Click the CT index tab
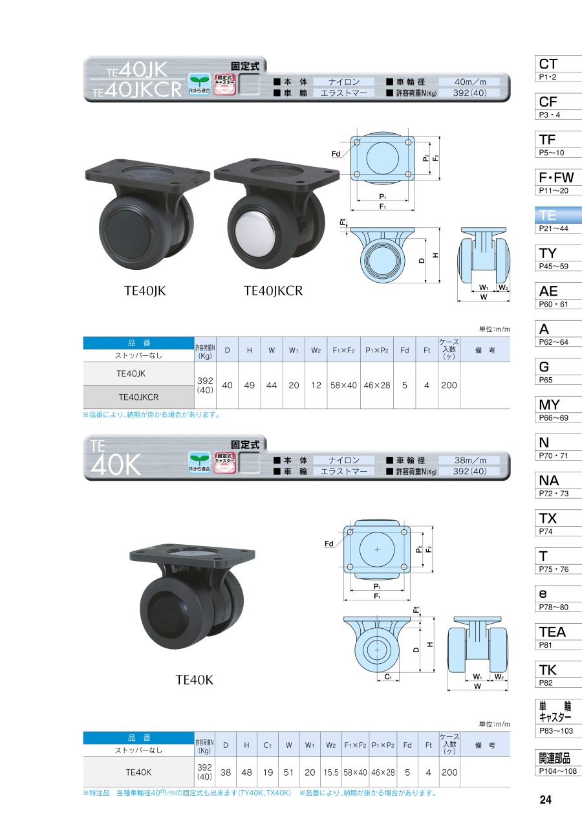(x=558, y=69)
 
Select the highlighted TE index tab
(x=558, y=220)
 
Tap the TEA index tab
(x=558, y=637)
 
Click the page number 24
(x=546, y=800)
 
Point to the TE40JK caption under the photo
(x=145, y=291)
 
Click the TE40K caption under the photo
(x=194, y=680)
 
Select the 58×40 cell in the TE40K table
(x=355, y=773)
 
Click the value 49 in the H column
(x=250, y=386)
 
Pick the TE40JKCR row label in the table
(x=138, y=397)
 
